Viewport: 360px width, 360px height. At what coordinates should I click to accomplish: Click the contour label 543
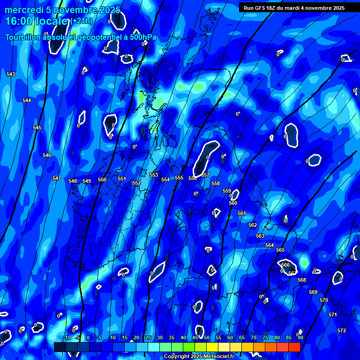coord(11,75)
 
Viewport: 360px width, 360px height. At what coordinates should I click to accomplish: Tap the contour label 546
coord(47,155)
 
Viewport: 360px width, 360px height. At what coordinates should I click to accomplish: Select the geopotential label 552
coord(136,183)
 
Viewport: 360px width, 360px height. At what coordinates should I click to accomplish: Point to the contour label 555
coord(179,178)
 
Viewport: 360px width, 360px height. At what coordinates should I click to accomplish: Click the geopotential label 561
coord(242,214)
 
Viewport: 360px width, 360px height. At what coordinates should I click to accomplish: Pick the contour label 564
coord(270,246)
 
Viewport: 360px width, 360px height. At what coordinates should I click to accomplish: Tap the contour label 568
coord(302,280)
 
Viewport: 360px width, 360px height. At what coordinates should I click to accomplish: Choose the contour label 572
coord(342,331)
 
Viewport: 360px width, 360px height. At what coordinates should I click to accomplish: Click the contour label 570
coord(324,300)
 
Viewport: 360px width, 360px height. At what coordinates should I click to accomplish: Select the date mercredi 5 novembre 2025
coord(62,10)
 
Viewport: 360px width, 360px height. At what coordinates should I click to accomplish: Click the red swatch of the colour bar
coord(294,347)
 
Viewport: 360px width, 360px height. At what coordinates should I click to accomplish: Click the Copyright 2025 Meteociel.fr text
coord(199,357)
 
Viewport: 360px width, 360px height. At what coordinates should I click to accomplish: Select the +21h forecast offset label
coord(82,22)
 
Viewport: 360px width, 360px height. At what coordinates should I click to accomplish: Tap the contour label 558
coord(216,184)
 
